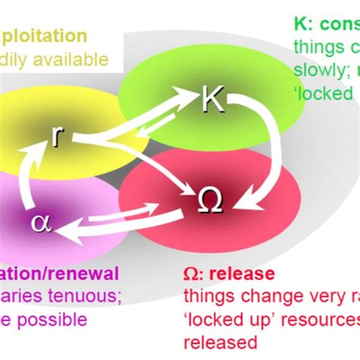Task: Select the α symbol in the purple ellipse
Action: click(x=39, y=222)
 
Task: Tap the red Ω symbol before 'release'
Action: click(x=193, y=273)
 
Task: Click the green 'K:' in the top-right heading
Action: click(x=304, y=23)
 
